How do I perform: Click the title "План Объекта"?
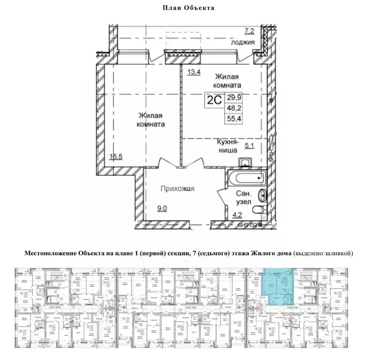point(182,8)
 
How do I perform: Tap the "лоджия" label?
point(243,42)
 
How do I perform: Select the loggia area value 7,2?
point(249,31)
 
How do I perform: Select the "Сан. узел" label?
point(243,198)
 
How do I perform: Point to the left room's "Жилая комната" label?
point(151,121)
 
